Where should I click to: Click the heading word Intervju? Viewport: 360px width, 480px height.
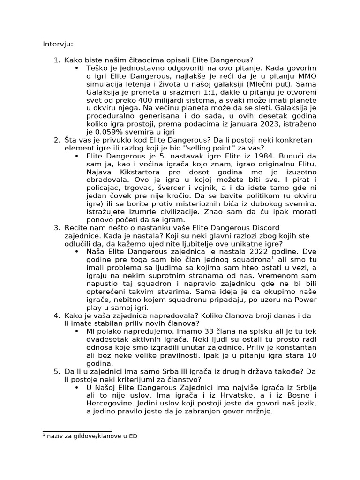click(x=58, y=44)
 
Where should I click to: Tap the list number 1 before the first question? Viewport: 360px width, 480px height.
click(x=56, y=60)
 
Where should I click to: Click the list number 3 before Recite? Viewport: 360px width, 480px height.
click(x=56, y=228)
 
